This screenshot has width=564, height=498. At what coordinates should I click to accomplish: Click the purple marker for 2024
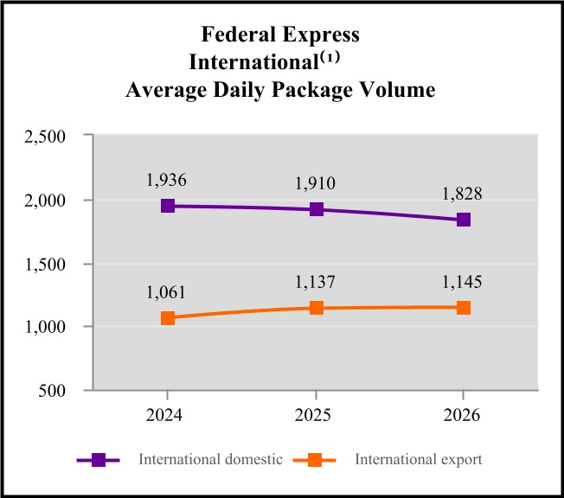pyautogui.click(x=168, y=206)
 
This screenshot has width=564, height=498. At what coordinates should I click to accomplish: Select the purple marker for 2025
pyautogui.click(x=317, y=209)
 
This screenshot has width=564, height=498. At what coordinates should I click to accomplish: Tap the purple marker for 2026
pyautogui.click(x=464, y=220)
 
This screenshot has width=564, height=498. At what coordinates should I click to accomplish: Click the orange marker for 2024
pyautogui.click(x=168, y=318)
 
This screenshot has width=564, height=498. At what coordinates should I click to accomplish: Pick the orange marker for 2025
pyautogui.click(x=317, y=308)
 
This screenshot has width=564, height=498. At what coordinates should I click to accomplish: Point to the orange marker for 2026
pyautogui.click(x=464, y=308)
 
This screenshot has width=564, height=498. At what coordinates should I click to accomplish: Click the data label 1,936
pyautogui.click(x=166, y=180)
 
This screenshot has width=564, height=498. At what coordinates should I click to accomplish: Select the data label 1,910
pyautogui.click(x=315, y=183)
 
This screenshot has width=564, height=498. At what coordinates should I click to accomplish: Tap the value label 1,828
pyautogui.click(x=462, y=194)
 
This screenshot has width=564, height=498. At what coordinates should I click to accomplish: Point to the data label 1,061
pyautogui.click(x=166, y=292)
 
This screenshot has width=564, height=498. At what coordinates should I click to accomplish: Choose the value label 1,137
pyautogui.click(x=315, y=282)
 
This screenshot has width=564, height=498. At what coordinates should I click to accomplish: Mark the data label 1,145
pyautogui.click(x=462, y=282)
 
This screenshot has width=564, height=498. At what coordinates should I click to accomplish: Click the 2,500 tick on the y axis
pyautogui.click(x=45, y=137)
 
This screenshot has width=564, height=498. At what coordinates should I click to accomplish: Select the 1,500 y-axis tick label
pyautogui.click(x=45, y=265)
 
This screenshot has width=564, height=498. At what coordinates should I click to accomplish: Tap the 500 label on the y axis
pyautogui.click(x=52, y=391)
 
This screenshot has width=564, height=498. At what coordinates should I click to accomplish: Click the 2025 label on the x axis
pyautogui.click(x=312, y=415)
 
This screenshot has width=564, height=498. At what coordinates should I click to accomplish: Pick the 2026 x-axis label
pyautogui.click(x=461, y=415)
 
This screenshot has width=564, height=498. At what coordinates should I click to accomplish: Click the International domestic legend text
pyautogui.click(x=211, y=460)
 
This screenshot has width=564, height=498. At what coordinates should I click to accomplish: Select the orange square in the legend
pyautogui.click(x=315, y=460)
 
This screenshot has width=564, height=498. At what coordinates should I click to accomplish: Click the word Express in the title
pyautogui.click(x=321, y=35)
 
